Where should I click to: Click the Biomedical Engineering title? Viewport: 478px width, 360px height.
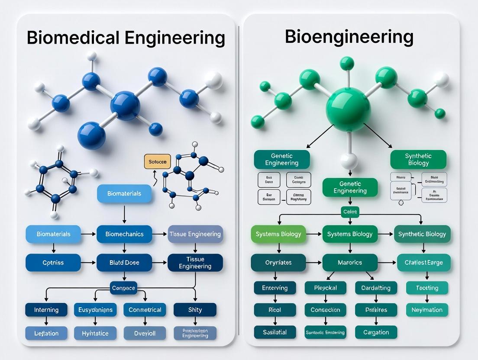(x=126, y=38)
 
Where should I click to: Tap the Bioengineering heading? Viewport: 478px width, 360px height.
(x=349, y=37)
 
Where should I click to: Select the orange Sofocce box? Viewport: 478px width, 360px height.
(x=157, y=162)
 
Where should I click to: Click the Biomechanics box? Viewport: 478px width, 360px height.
(x=124, y=234)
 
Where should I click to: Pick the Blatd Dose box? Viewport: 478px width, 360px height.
(x=124, y=263)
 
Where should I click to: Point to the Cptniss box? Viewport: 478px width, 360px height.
(x=53, y=263)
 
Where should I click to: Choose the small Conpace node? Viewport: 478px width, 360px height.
(x=123, y=288)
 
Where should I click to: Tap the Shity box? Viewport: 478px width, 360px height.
(x=195, y=310)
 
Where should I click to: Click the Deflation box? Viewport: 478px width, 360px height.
(x=46, y=333)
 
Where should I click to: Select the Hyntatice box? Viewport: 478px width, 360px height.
(x=95, y=333)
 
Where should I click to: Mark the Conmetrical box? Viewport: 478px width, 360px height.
(x=145, y=310)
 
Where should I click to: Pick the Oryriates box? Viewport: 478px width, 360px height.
(x=278, y=263)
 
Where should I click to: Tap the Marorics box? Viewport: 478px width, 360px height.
(x=349, y=263)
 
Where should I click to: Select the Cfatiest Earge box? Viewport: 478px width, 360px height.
(x=423, y=263)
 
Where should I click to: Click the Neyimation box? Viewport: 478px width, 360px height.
(x=427, y=310)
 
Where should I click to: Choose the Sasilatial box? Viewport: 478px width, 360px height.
(x=275, y=332)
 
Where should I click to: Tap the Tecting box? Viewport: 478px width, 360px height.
(x=427, y=288)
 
